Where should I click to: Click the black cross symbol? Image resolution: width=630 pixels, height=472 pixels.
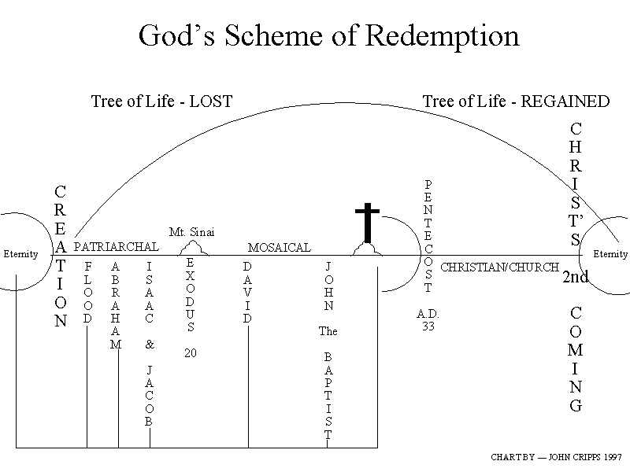pos(366,223)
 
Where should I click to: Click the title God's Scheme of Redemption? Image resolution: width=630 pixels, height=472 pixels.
pos(328,35)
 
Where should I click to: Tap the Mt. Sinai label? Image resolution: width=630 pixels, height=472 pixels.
pos(191,232)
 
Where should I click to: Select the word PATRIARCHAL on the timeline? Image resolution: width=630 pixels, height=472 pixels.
pos(116,247)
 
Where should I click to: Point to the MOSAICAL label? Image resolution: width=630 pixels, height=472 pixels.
pos(280,247)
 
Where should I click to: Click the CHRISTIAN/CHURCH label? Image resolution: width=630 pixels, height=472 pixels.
pos(500,267)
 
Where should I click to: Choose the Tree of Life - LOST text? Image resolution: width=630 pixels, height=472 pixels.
pos(161,101)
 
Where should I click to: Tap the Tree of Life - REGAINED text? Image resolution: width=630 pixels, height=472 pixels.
pos(516,101)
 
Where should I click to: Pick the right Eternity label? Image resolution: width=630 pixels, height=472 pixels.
pos(610,254)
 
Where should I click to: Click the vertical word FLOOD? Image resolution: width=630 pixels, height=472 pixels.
pos(87,293)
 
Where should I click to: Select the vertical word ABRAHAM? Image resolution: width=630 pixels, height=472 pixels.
pos(116,305)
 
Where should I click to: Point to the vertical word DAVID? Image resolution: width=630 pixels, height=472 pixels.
pos(247,293)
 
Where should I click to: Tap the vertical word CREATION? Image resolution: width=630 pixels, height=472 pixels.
pos(61,256)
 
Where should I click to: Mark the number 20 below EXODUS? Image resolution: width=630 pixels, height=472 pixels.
pos(191,353)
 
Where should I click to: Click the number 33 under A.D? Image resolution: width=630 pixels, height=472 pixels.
pos(428,326)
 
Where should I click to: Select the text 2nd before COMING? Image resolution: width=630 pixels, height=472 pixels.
pos(576,277)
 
